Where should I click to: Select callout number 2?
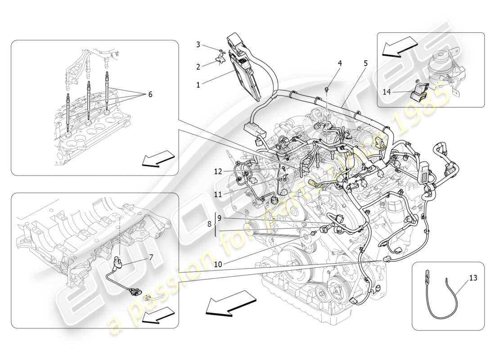[x=198, y=67]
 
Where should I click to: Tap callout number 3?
[x=198, y=45]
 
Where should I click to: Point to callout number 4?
[x=340, y=63]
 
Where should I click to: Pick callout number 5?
[x=365, y=63]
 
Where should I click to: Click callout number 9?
[x=219, y=218]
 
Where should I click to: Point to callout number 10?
[x=218, y=265]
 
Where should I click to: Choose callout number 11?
[x=218, y=194]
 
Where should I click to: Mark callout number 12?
[x=218, y=171]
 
